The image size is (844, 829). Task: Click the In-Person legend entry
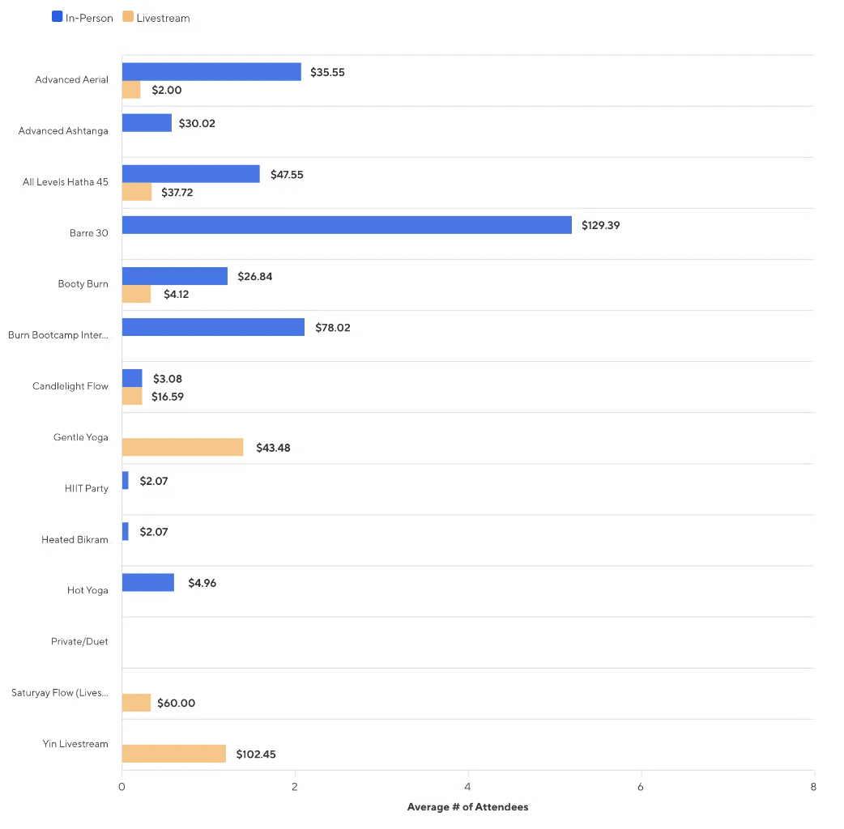tap(83, 18)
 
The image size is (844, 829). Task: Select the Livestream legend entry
tap(157, 18)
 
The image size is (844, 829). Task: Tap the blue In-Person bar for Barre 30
tap(347, 225)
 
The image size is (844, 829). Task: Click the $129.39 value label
tap(600, 225)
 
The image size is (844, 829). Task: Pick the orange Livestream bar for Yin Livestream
tap(174, 754)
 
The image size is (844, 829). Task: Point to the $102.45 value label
tap(256, 754)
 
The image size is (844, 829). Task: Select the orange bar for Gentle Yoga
tap(182, 447)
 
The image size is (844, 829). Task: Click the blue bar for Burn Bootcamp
tap(213, 327)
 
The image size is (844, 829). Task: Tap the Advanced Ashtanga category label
tap(63, 131)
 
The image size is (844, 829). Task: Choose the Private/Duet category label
tap(79, 642)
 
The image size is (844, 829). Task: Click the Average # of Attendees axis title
tap(467, 807)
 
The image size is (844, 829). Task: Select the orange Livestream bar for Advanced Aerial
tap(131, 90)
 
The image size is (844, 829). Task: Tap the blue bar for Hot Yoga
tap(147, 582)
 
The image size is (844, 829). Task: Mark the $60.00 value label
tap(176, 703)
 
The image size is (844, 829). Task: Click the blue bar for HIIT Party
tap(125, 480)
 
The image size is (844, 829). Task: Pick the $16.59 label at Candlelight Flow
tap(168, 397)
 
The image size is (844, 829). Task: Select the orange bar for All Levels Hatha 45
tap(137, 192)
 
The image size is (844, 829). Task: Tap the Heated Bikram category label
tap(75, 540)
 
